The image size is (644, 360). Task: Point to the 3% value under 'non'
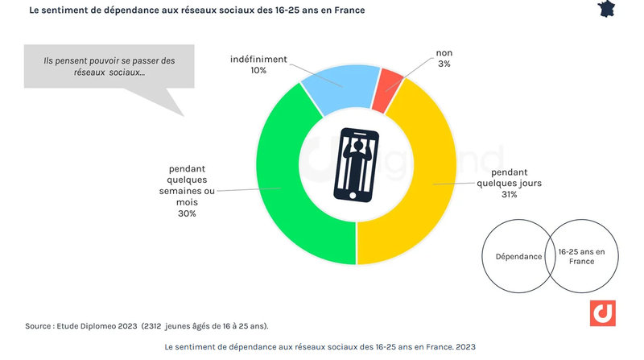click(444, 64)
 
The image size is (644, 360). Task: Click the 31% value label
click(509, 194)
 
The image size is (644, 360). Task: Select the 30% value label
click(187, 213)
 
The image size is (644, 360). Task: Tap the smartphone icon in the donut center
click(356, 164)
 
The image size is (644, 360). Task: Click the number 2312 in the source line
click(153, 326)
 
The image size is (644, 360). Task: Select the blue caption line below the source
click(320, 346)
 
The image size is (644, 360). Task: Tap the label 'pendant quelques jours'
click(509, 177)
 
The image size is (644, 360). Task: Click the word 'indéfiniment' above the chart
click(258, 59)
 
